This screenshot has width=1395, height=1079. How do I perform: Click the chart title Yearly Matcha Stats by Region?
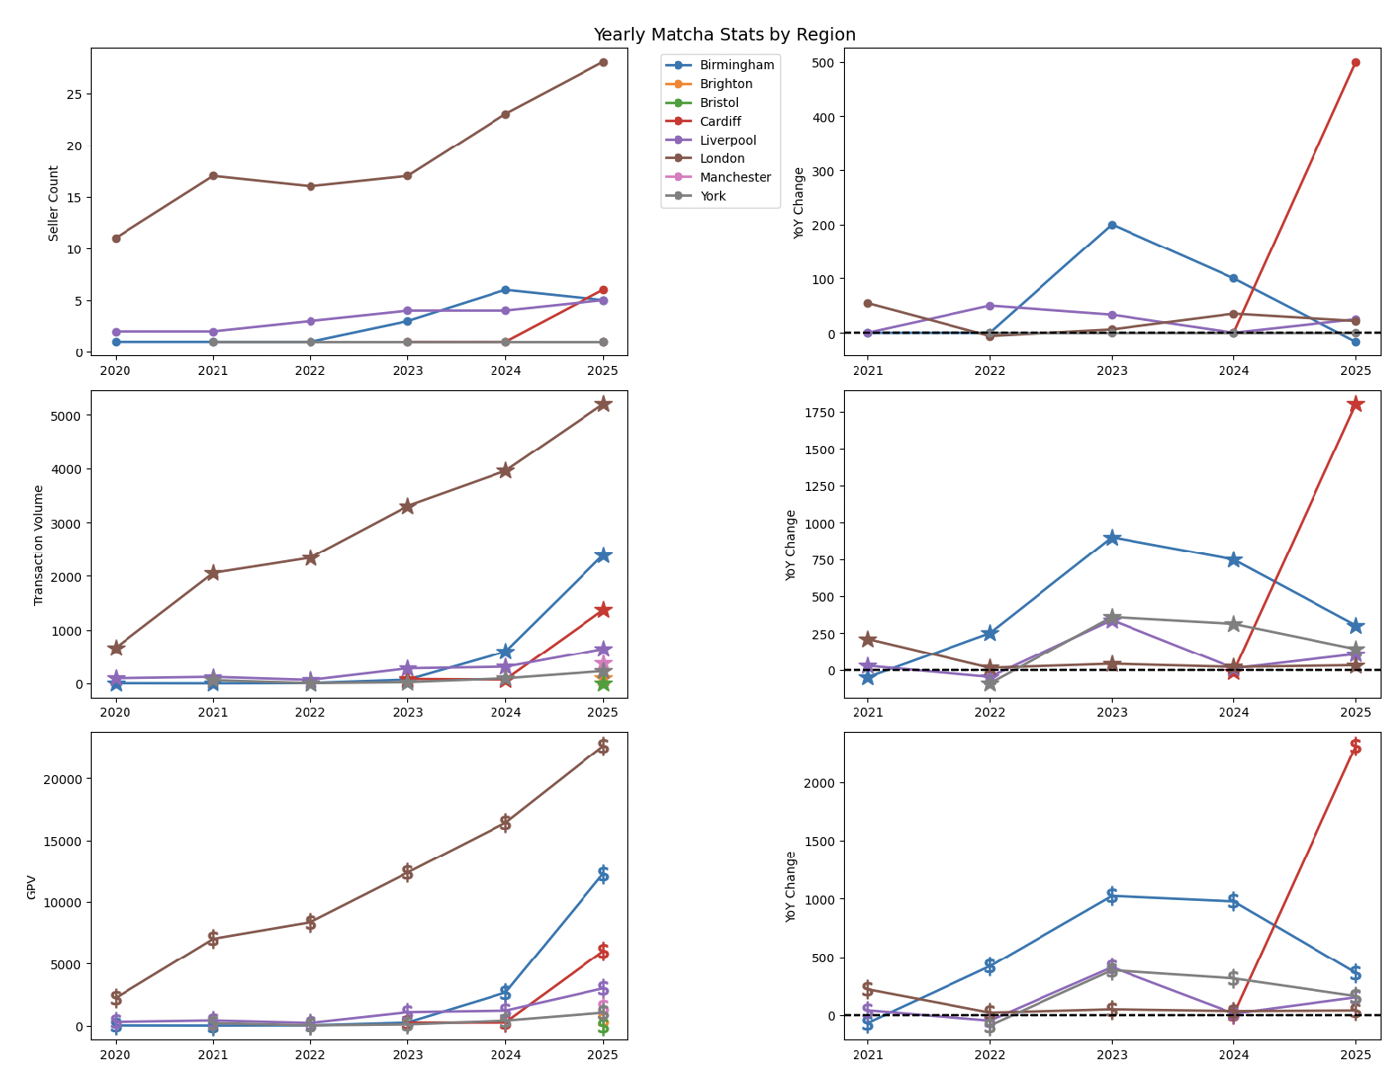point(724,35)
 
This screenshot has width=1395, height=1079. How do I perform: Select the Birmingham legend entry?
point(736,65)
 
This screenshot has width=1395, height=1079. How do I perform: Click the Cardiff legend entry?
point(720,121)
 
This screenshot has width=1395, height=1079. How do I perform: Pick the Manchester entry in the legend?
point(734,177)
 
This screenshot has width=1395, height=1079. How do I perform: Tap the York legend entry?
point(712,196)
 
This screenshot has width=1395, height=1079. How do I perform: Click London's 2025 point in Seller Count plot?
point(603,62)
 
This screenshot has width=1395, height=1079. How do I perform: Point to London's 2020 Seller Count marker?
point(116,238)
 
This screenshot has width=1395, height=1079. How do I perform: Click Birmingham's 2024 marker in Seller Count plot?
point(505,290)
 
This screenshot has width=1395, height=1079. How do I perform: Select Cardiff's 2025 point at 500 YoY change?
point(1355,62)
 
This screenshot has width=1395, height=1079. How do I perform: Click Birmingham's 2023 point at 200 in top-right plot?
point(1112,225)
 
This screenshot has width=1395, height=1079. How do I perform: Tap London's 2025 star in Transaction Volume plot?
point(603,404)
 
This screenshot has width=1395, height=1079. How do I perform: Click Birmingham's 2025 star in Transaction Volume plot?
point(603,555)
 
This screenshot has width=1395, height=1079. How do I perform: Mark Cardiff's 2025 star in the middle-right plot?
point(1355,404)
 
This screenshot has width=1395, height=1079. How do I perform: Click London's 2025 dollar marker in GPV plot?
point(603,746)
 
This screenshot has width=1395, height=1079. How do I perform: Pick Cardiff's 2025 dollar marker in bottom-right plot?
point(1355,746)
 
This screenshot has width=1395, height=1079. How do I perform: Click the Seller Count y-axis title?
point(54,202)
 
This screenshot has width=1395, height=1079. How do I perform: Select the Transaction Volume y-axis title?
point(39,544)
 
